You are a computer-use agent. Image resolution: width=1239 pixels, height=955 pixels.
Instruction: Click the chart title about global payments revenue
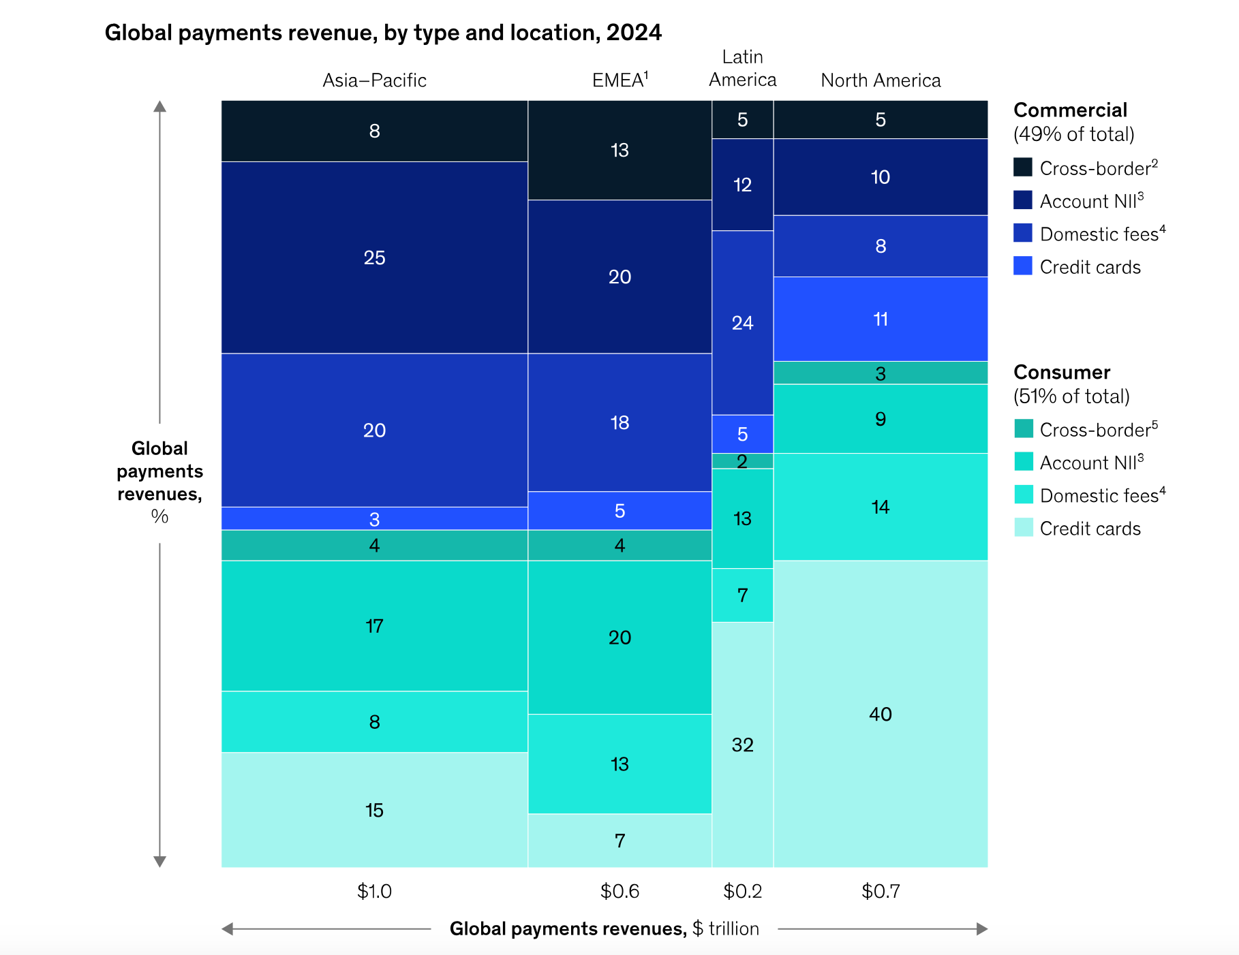(383, 33)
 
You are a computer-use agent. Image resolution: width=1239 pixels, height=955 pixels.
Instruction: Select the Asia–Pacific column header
(374, 80)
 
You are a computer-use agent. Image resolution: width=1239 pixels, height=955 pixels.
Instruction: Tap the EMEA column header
(619, 80)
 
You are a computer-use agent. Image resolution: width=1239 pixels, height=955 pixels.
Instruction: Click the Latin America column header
(742, 69)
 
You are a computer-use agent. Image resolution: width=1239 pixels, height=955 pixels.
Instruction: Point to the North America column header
(881, 80)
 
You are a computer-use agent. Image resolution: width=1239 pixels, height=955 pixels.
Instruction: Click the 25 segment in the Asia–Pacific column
(374, 257)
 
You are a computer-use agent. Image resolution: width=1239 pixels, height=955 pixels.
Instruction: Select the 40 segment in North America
(881, 714)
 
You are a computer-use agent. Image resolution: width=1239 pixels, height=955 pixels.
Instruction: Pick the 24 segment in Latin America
(742, 323)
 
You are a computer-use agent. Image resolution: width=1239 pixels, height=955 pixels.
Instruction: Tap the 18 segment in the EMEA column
(619, 422)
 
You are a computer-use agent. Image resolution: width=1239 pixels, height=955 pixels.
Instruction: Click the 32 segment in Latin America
(742, 745)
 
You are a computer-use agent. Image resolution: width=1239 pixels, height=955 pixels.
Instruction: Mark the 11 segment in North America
(881, 319)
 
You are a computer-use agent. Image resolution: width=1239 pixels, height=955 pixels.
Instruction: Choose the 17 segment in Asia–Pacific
(374, 626)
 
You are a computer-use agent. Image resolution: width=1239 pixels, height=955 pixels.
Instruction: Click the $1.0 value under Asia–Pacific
(374, 891)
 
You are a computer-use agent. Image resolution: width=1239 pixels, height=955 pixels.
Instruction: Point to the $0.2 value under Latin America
(742, 891)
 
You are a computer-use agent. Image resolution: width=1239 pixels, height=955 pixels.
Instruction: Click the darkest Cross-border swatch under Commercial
(1023, 168)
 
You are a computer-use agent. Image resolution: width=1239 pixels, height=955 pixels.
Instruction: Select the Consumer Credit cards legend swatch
(1023, 528)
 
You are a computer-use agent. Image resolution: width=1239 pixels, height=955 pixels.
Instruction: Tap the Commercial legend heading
(1070, 110)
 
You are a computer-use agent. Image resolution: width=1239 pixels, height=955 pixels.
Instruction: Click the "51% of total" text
(1071, 396)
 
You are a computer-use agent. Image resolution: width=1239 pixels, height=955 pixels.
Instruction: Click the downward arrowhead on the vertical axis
(159, 862)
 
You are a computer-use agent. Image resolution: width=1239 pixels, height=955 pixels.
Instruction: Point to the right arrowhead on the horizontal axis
(982, 929)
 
